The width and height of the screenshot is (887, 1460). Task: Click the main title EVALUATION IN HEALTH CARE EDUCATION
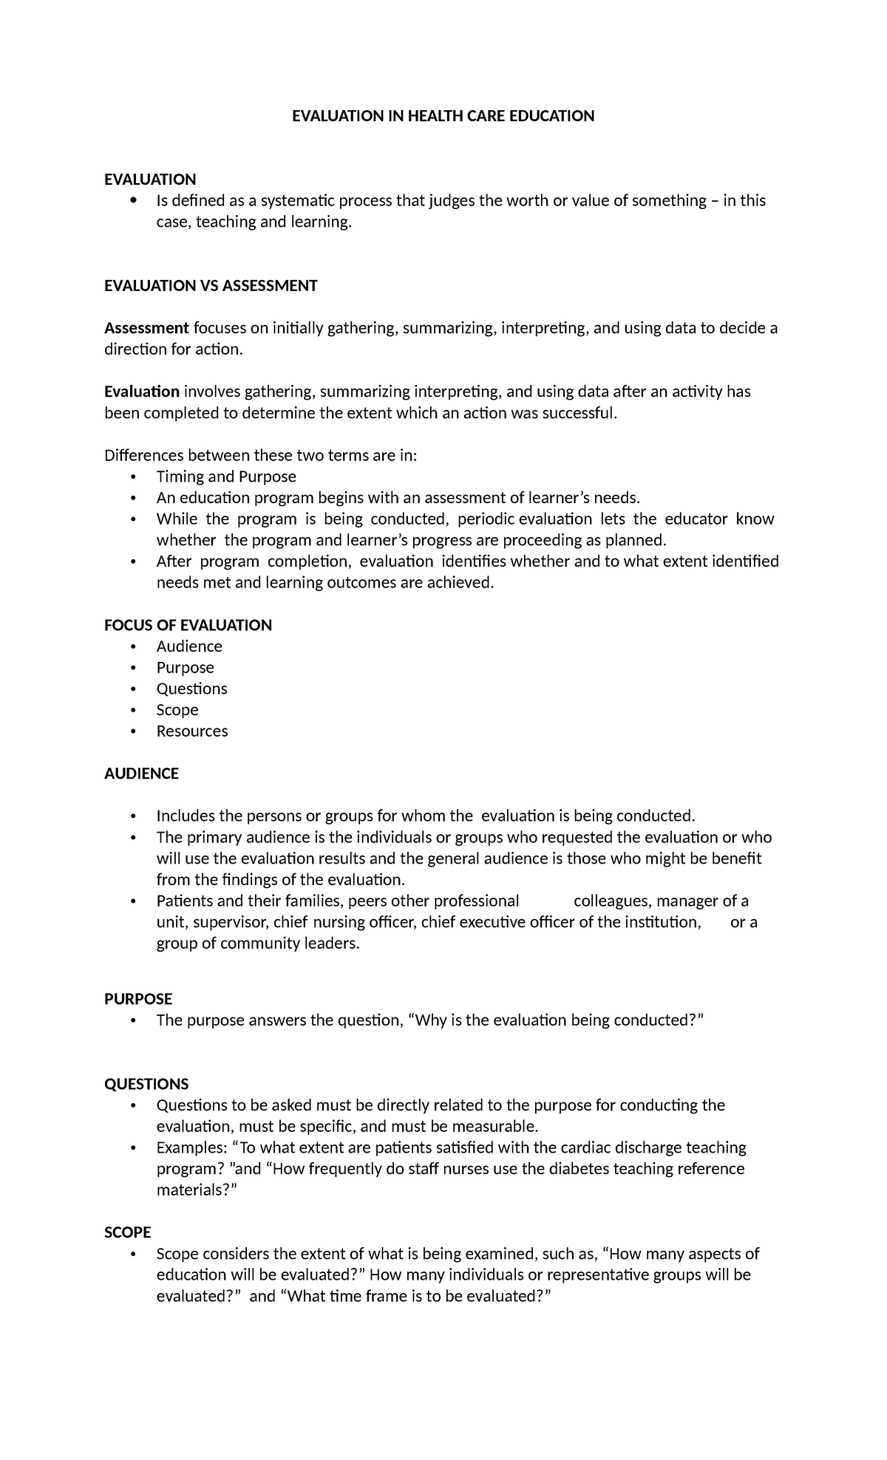pos(443,116)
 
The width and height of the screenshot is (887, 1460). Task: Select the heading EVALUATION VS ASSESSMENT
pos(211,286)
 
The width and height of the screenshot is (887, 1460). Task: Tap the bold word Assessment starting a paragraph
pos(146,328)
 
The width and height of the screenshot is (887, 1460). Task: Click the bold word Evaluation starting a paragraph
pos(142,392)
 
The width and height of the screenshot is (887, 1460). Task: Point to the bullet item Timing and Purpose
pos(226,477)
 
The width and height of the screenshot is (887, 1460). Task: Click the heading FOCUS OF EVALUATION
pos(188,625)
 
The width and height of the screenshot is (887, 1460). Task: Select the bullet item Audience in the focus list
pos(189,647)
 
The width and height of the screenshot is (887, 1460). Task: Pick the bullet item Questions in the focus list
pos(191,689)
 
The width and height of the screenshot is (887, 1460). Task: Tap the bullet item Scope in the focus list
pos(177,710)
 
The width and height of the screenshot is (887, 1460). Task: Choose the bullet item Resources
pos(192,731)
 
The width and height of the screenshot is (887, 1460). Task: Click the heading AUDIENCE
pos(141,774)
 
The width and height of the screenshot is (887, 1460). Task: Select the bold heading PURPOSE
pos(138,999)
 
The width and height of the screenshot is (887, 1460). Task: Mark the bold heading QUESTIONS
pos(146,1084)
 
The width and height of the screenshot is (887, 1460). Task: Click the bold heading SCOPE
pos(127,1232)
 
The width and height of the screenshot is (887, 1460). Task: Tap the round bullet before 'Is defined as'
pos(133,201)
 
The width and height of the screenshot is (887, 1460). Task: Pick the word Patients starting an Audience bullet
pos(185,901)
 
